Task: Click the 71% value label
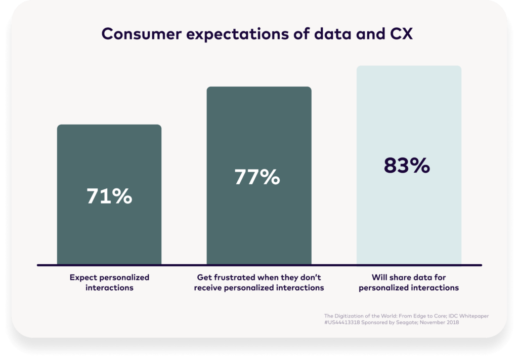(109, 196)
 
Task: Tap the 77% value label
(257, 177)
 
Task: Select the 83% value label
(407, 166)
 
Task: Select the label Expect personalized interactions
(109, 283)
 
